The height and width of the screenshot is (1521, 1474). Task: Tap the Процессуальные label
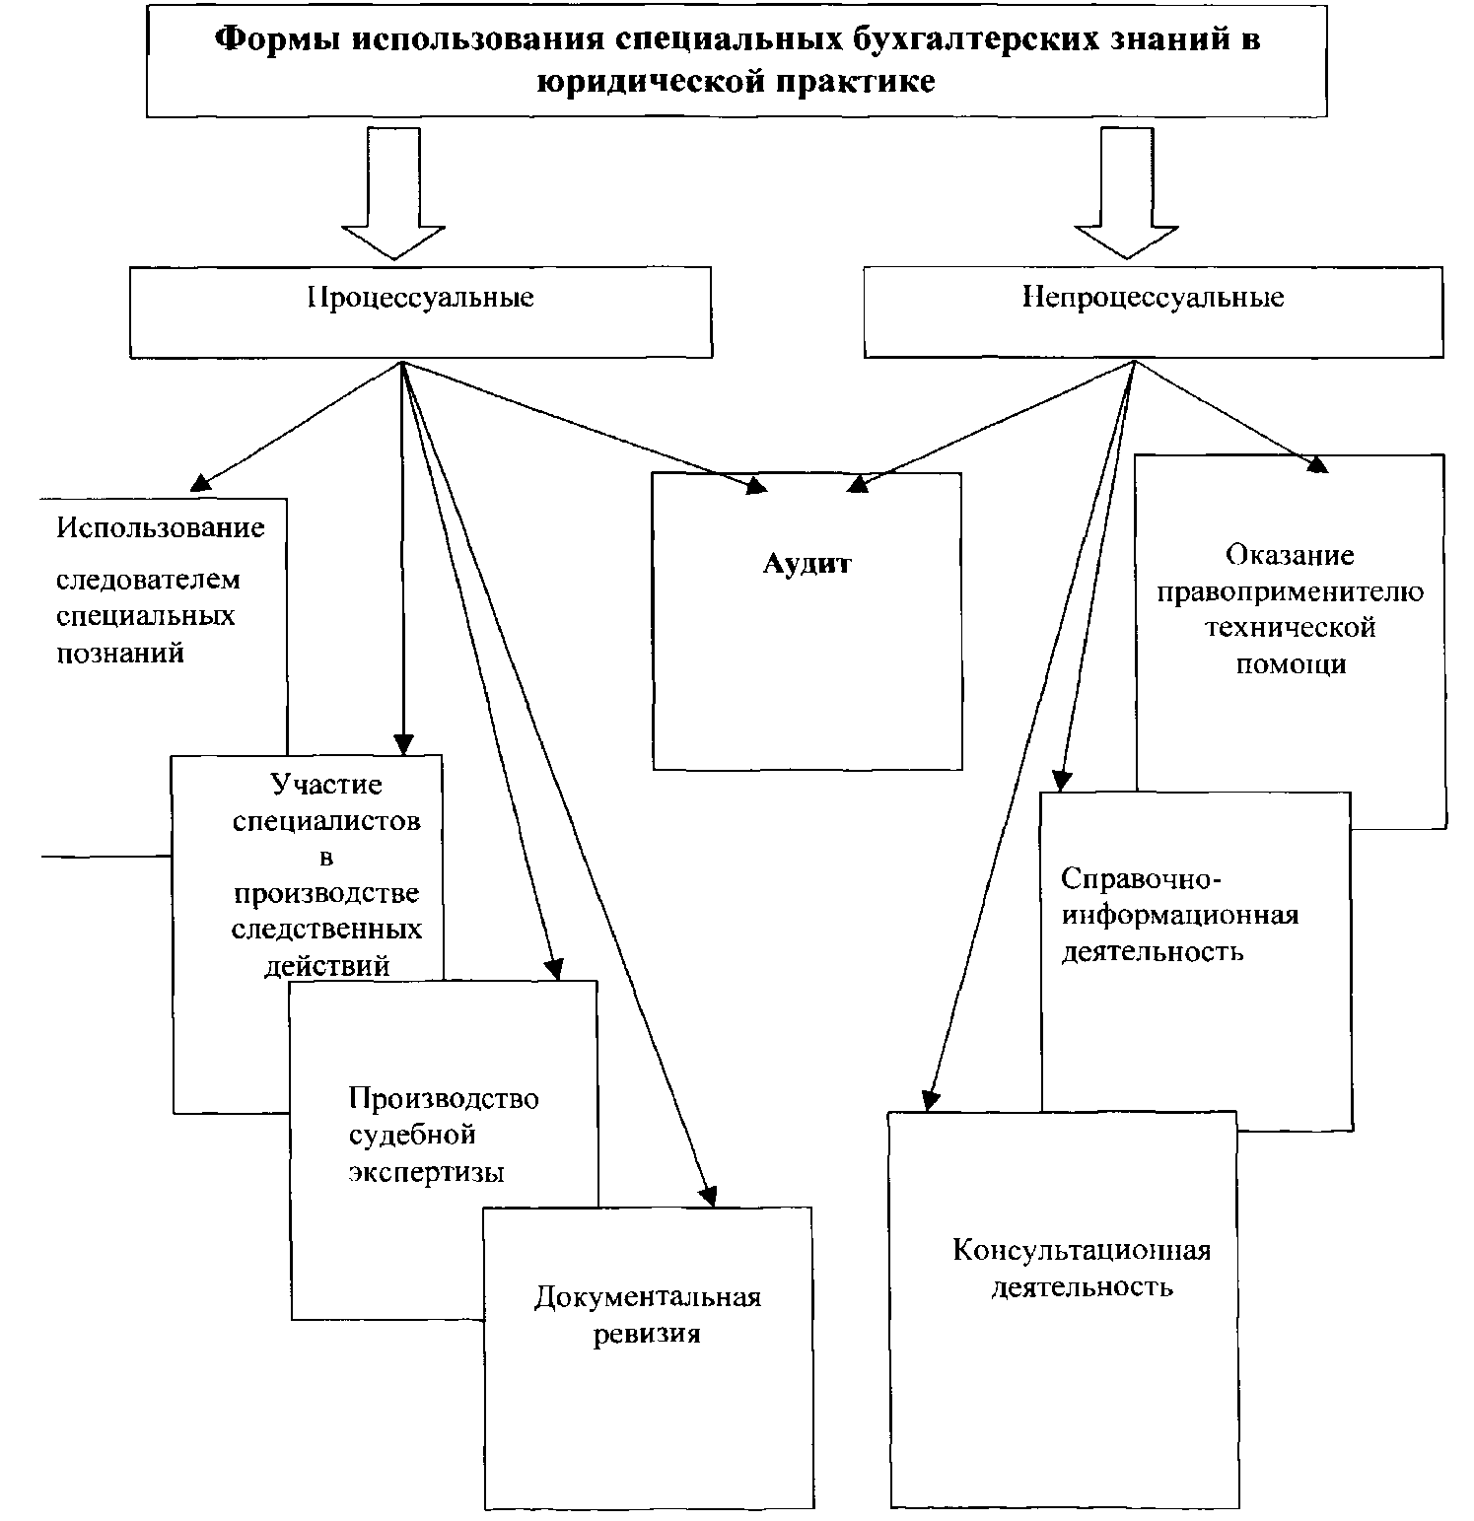pyautogui.click(x=421, y=297)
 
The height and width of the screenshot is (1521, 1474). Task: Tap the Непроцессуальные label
pyautogui.click(x=1153, y=297)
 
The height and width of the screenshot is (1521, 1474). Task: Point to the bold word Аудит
pyautogui.click(x=807, y=564)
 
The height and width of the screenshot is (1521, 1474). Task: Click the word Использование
pyautogui.click(x=161, y=527)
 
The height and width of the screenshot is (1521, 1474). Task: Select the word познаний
pyautogui.click(x=120, y=653)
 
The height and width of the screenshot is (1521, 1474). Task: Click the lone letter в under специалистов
pyautogui.click(x=326, y=858)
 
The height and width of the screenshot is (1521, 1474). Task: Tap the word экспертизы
pyautogui.click(x=427, y=1173)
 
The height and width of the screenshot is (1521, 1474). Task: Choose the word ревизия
pyautogui.click(x=647, y=1334)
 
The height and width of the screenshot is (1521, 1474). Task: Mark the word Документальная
pyautogui.click(x=648, y=1296)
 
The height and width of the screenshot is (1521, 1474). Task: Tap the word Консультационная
pyautogui.click(x=1082, y=1251)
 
